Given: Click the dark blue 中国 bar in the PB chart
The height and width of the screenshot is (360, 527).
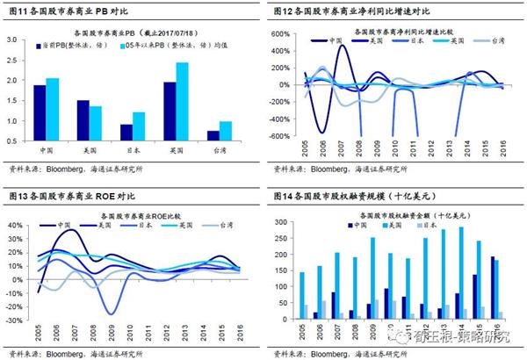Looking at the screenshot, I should pos(40,112).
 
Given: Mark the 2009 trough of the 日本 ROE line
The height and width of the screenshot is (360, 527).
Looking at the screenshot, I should pos(111,313).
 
